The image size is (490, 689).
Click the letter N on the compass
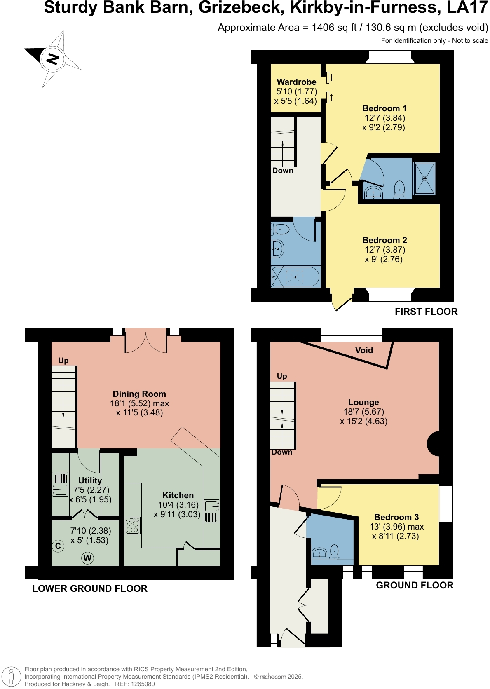pos(52,59)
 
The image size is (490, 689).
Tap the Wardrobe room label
pos(296,82)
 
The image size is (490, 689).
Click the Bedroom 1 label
pos(384,108)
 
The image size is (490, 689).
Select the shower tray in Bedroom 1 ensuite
pos(424,179)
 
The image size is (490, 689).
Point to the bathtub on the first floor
pos(295,277)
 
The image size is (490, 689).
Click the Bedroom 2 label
pos(384,240)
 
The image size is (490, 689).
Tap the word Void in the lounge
pos(364,350)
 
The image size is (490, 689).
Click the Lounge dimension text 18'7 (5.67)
pos(363,412)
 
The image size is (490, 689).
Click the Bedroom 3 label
pos(396,517)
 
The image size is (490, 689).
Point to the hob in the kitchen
pos(133,525)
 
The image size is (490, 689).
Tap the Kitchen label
pos(178,495)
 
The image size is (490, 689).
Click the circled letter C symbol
pos(58,546)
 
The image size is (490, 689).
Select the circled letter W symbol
pos(87,559)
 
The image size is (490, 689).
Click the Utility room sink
pos(60,489)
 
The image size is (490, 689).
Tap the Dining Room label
pos(139,394)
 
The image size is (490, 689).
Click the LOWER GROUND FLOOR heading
pos(90,588)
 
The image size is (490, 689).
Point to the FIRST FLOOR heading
pos(426,312)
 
